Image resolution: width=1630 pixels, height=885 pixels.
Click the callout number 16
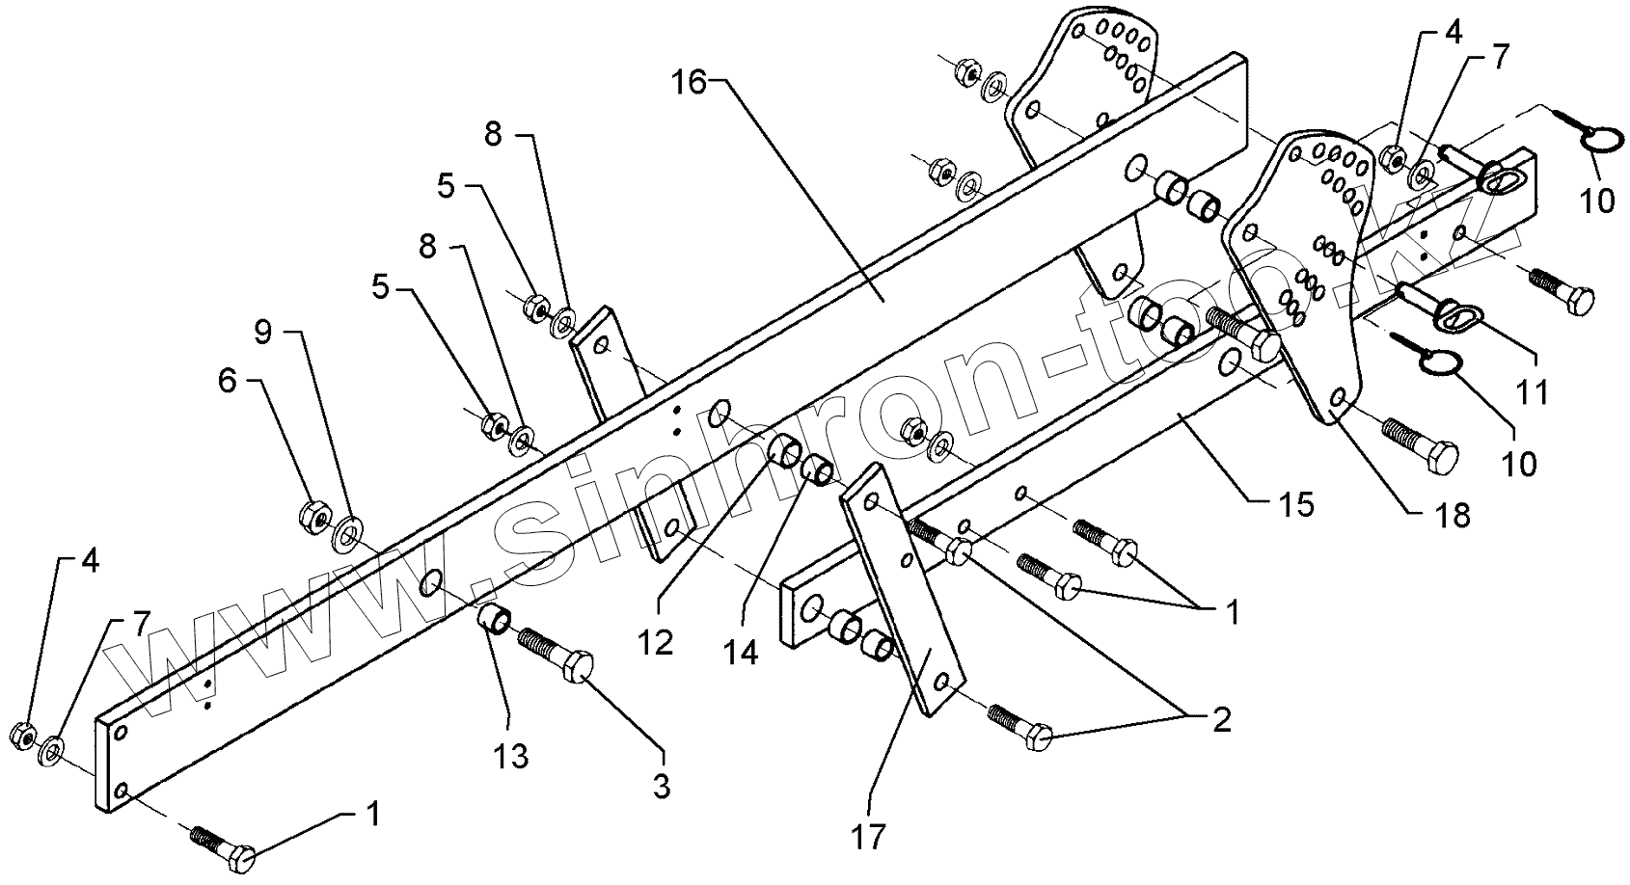(x=690, y=83)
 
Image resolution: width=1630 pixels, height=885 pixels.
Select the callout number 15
(x=1299, y=503)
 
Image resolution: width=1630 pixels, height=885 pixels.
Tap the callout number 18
(x=1453, y=516)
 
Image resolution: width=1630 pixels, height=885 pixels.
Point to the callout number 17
(x=868, y=836)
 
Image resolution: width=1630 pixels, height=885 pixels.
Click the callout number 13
(x=512, y=757)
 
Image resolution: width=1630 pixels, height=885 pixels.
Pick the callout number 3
(x=661, y=785)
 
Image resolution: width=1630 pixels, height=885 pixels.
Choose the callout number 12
(x=656, y=642)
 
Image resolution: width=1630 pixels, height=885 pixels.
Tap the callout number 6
(x=227, y=381)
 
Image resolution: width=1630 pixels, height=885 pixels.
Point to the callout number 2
(x=1221, y=720)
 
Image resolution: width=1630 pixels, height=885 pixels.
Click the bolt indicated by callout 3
(x=559, y=657)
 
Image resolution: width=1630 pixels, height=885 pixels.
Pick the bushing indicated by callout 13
(x=495, y=616)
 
